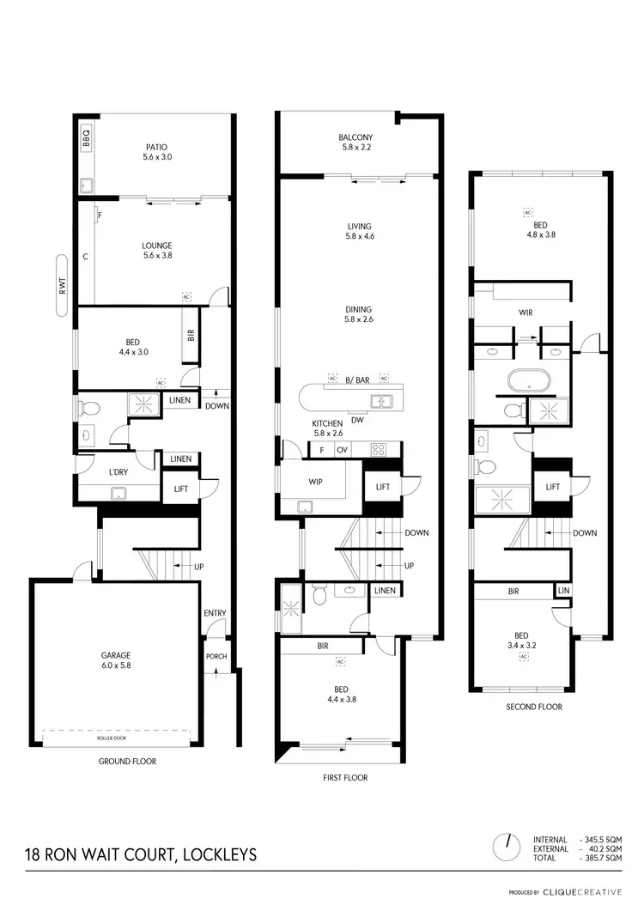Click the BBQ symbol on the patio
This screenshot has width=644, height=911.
point(86,137)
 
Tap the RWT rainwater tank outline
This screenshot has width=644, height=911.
point(62,286)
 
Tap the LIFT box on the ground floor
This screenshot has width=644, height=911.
point(181,489)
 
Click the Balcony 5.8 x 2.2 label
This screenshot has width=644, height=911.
point(355,143)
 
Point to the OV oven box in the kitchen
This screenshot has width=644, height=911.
point(342,450)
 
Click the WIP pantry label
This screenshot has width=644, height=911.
point(315,482)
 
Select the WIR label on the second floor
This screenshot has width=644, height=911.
point(525,313)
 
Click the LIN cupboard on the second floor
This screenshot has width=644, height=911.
point(563,591)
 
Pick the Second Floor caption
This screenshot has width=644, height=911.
point(534,707)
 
